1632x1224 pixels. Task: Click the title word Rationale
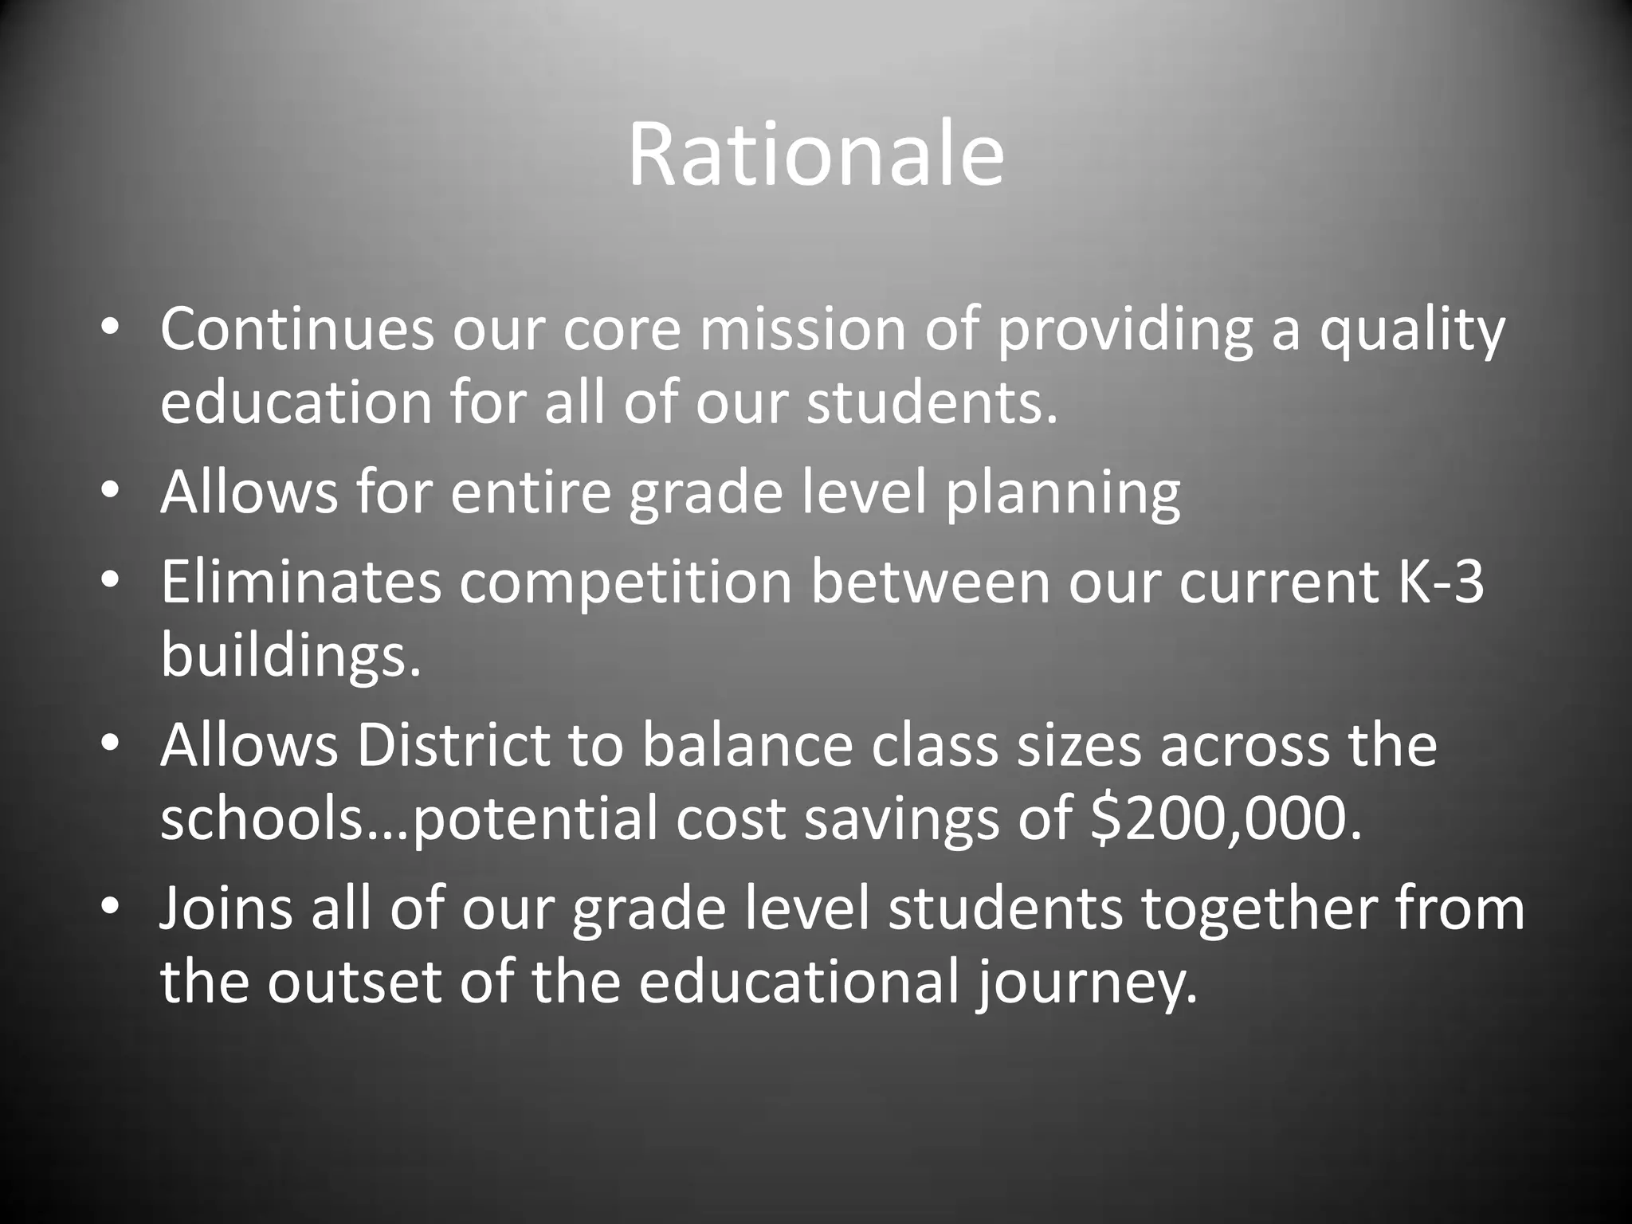coord(815,155)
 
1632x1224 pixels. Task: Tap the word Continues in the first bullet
coord(296,329)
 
